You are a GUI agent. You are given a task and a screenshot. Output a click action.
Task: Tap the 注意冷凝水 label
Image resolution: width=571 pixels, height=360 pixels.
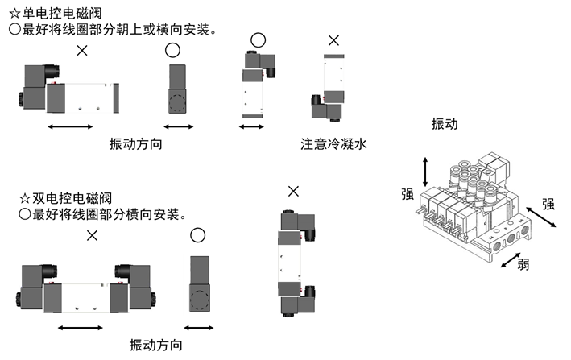333,145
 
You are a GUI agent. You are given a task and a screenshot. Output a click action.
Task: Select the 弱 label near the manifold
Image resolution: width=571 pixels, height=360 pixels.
523,264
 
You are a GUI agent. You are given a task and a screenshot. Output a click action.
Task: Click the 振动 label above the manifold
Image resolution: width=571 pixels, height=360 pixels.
444,124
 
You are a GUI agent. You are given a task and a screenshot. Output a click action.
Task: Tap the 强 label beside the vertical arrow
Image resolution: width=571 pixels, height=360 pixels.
408,193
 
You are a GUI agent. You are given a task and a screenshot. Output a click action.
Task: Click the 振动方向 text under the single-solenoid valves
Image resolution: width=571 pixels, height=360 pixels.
136,145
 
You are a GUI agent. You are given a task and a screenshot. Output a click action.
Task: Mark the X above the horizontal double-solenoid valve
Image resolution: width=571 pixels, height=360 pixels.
92,236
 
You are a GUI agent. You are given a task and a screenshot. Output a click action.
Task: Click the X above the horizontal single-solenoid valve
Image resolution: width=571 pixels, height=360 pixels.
81,51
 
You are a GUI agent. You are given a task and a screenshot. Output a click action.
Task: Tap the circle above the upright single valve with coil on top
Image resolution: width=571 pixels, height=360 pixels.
258,39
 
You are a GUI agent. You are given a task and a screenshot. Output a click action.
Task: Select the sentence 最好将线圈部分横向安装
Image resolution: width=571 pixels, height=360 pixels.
105,215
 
